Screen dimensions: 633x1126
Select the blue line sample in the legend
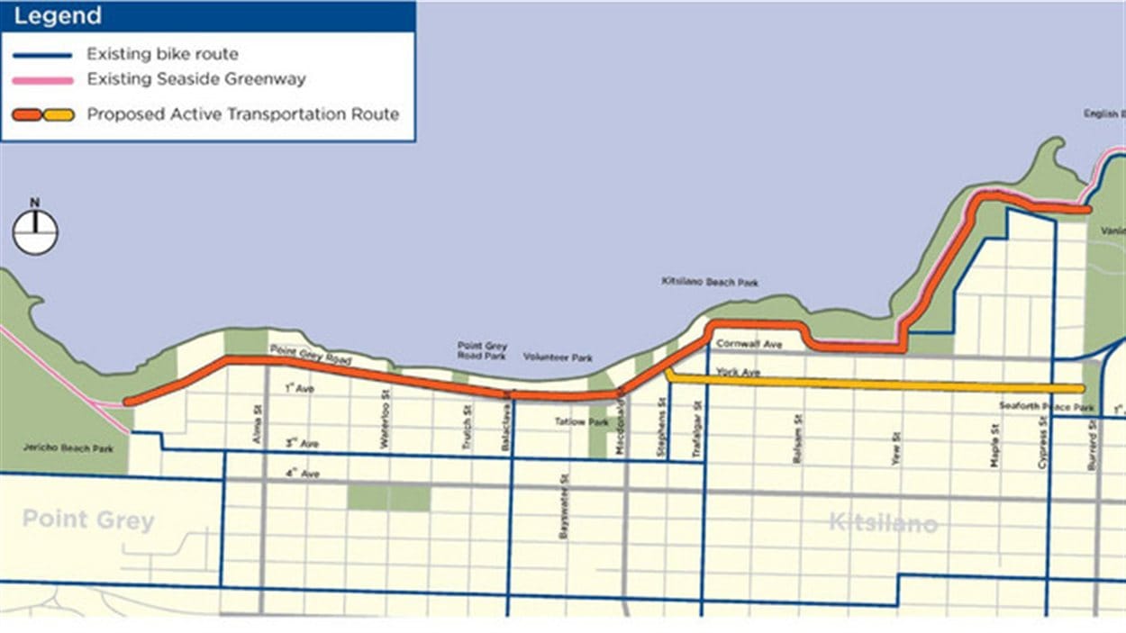pos(42,55)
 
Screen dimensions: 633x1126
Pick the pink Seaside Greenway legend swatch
pos(42,80)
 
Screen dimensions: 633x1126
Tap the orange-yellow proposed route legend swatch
pos(42,115)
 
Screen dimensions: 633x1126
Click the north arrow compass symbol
pos(35,230)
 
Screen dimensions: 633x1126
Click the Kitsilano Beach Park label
pos(710,282)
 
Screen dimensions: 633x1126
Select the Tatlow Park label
pos(570,421)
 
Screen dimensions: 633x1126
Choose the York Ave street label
pos(733,371)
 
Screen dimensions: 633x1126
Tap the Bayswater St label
pos(564,507)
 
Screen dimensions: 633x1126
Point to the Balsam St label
pos(798,439)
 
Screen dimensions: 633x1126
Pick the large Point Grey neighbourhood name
pos(88,520)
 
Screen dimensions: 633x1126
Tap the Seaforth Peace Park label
pos(1047,407)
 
